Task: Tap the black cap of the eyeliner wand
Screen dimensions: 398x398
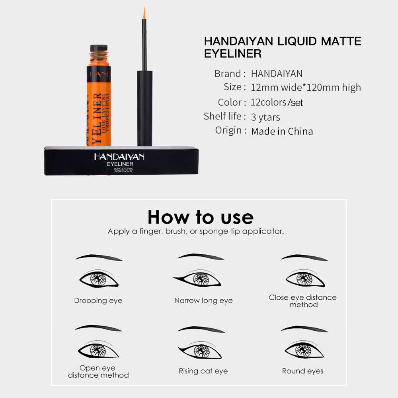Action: click(x=145, y=107)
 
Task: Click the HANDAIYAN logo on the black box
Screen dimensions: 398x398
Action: click(x=119, y=156)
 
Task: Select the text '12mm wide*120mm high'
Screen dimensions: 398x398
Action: click(x=306, y=88)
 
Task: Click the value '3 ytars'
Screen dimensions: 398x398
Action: click(x=265, y=117)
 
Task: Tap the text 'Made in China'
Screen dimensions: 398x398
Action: click(x=282, y=131)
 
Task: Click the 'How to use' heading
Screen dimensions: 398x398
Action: click(x=200, y=217)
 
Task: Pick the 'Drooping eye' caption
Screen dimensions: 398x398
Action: click(x=98, y=300)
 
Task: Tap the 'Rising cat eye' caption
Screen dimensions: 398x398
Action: click(x=203, y=371)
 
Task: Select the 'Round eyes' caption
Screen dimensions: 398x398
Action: click(x=302, y=371)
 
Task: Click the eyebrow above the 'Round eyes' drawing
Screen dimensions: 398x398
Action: click(x=304, y=329)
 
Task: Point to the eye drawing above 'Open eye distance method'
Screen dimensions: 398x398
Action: click(x=98, y=350)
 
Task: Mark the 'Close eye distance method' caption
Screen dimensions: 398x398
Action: click(x=302, y=301)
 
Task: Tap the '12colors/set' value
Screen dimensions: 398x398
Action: click(x=277, y=102)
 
